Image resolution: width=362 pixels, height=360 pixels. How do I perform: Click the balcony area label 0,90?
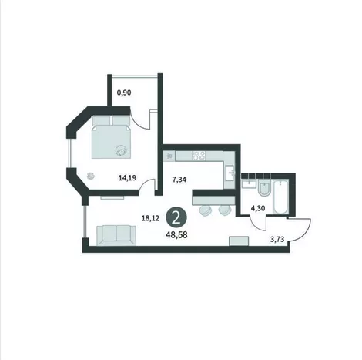click(x=124, y=93)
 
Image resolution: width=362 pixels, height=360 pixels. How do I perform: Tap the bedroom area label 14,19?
click(x=127, y=177)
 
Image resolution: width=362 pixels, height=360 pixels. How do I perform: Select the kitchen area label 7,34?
click(x=179, y=180)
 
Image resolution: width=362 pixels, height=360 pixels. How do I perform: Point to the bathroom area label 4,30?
click(x=257, y=208)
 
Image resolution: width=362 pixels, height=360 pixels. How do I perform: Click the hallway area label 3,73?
click(x=277, y=240)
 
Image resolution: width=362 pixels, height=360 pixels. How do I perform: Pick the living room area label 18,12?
click(x=150, y=218)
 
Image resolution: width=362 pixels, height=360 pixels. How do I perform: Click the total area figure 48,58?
click(x=176, y=235)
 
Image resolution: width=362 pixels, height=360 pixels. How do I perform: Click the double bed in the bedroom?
click(x=112, y=137)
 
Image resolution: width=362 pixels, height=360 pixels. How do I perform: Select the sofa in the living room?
click(x=116, y=235)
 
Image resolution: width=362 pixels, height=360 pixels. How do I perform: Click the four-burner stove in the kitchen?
click(x=199, y=156)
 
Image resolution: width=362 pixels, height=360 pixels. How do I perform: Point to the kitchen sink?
click(x=230, y=173)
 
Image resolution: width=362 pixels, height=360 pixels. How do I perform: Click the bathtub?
click(x=281, y=197)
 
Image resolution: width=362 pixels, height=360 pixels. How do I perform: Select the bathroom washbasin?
click(x=249, y=183)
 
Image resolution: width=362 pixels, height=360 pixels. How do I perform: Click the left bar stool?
click(x=206, y=210)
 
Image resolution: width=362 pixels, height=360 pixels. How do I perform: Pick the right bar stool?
click(x=225, y=210)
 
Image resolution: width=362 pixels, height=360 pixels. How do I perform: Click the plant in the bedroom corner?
click(x=91, y=176)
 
